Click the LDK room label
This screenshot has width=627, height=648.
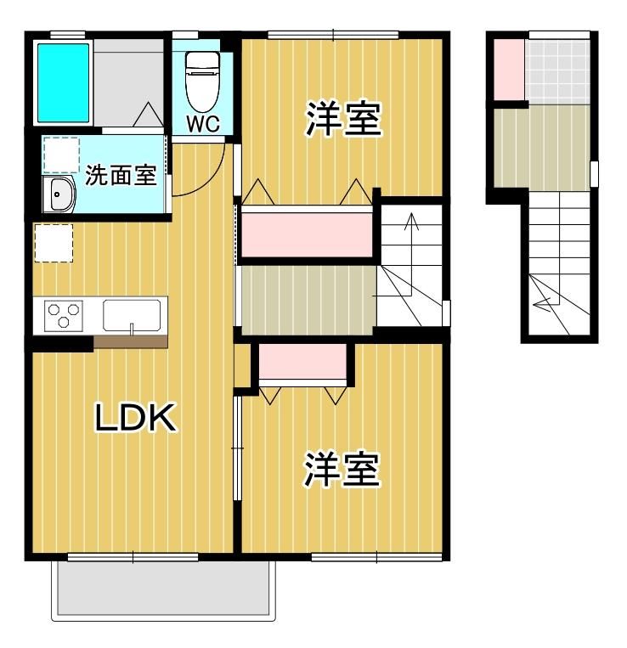pyautogui.click(x=135, y=418)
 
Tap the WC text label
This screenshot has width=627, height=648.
pyautogui.click(x=203, y=124)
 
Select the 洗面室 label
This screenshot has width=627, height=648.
pyautogui.click(x=120, y=176)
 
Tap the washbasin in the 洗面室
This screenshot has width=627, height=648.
pyautogui.click(x=59, y=196)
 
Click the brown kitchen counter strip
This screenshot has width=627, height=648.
pyautogui.click(x=131, y=341)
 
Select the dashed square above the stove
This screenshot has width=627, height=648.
pyautogui.click(x=53, y=242)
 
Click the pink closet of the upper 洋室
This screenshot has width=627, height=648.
pyautogui.click(x=307, y=234)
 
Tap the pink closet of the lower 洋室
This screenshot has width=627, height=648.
pyautogui.click(x=303, y=363)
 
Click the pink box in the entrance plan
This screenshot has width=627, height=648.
pyautogui.click(x=508, y=69)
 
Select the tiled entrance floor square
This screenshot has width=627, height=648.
pyautogui.click(x=556, y=70)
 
